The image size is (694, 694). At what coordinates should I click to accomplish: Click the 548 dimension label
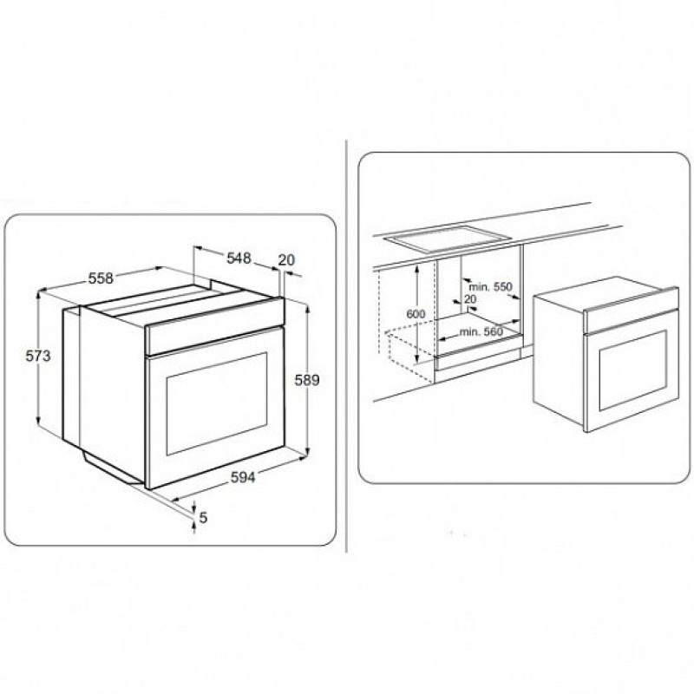point(239,258)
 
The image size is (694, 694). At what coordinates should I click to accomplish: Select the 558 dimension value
point(101,278)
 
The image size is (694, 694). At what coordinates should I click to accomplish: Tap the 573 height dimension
point(38,356)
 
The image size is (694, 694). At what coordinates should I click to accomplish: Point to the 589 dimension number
point(307,380)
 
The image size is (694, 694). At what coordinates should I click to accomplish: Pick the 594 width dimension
point(243,477)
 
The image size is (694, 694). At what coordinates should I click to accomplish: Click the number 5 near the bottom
point(203,517)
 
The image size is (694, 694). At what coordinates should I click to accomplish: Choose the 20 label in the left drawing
point(286,259)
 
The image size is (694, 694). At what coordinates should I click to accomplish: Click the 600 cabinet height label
point(416,314)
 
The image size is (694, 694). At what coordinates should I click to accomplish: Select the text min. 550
point(490,287)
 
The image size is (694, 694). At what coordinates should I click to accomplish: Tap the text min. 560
point(481,331)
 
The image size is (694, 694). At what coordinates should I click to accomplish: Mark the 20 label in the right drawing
point(470,299)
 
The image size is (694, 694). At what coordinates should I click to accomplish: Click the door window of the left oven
point(217,403)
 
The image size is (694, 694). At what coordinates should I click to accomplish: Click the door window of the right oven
point(633,370)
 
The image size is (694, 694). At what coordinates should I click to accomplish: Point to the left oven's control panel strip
point(214,326)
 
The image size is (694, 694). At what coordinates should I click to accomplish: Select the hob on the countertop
point(447,239)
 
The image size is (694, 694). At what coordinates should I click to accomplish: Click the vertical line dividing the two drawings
point(346,346)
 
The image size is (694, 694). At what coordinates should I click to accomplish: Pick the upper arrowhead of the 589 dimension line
point(307,308)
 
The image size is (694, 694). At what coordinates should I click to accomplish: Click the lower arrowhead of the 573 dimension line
point(38,420)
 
